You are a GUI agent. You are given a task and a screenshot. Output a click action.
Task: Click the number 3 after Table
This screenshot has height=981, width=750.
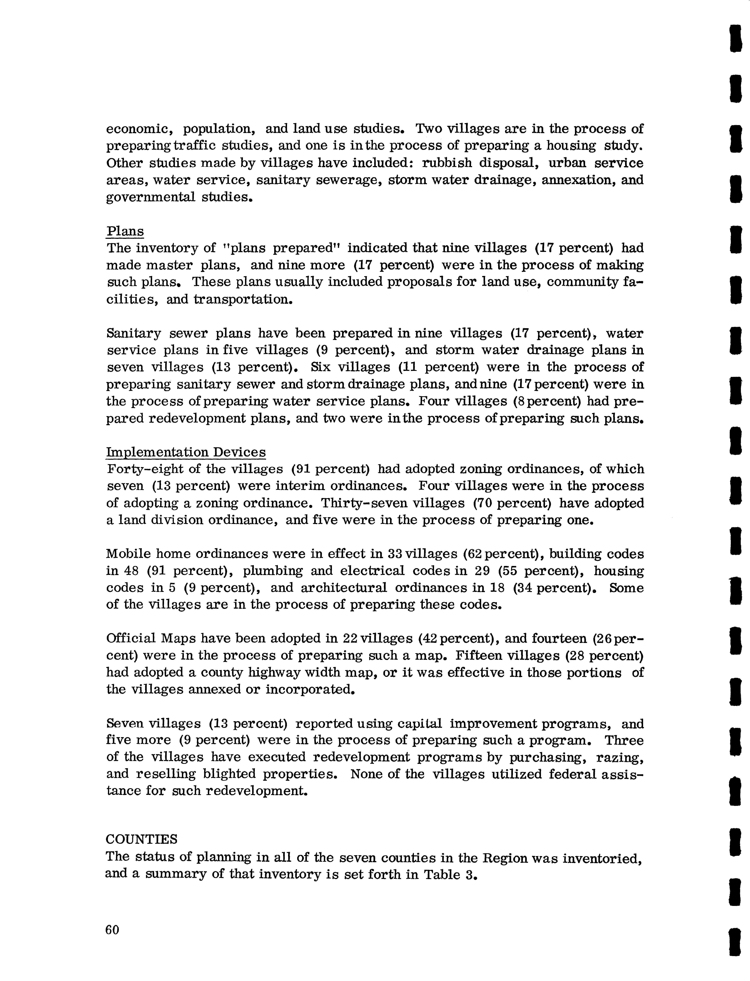(469, 874)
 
